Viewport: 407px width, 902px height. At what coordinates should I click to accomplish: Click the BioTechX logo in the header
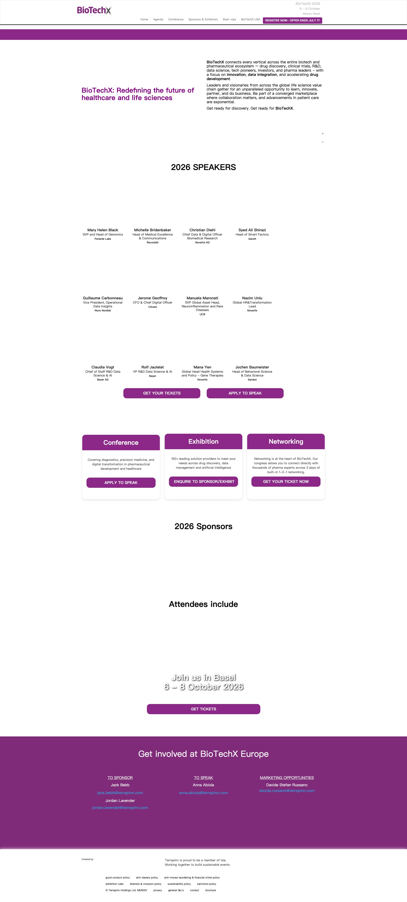click(x=94, y=11)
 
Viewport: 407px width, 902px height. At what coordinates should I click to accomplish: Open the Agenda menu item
click(x=158, y=20)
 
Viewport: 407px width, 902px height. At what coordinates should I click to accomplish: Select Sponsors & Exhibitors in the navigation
click(x=203, y=20)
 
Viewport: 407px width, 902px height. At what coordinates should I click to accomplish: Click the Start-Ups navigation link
click(x=229, y=20)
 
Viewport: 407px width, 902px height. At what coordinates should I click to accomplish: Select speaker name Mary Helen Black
click(x=103, y=230)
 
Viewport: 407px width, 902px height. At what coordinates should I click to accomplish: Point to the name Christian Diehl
click(x=202, y=230)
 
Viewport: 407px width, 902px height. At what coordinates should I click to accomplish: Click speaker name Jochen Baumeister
click(x=252, y=367)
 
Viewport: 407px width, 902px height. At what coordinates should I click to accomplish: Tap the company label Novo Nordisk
click(x=103, y=311)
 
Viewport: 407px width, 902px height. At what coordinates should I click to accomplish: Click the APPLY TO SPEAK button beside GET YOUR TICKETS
click(x=245, y=393)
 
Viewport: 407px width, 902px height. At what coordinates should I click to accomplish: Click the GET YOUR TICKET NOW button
click(x=286, y=481)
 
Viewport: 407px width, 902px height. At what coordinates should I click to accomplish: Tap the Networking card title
click(x=286, y=442)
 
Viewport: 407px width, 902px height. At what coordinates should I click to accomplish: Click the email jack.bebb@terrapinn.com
click(x=120, y=793)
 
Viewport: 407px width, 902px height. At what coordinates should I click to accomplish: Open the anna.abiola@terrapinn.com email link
click(x=203, y=793)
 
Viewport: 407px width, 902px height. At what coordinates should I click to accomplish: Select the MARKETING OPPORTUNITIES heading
click(x=287, y=778)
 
